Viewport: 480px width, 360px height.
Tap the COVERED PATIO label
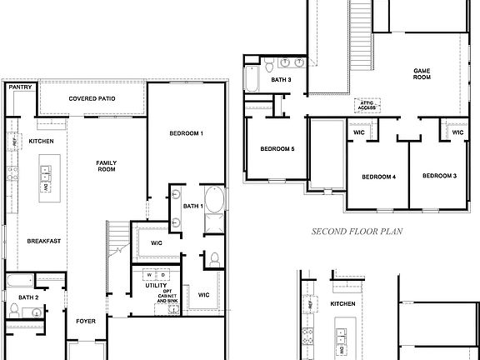tap(92, 98)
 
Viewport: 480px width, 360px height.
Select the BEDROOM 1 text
tap(187, 133)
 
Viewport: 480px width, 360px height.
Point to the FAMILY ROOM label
tap(106, 166)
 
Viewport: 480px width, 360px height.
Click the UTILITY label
tap(157, 285)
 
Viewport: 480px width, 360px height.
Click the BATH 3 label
tap(281, 80)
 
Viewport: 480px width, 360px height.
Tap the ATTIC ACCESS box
tap(367, 106)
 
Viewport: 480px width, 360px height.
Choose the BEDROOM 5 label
tap(277, 149)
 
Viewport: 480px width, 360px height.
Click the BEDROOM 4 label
tap(378, 177)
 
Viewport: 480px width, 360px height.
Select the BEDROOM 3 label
tap(439, 176)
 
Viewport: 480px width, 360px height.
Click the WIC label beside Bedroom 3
tap(457, 132)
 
